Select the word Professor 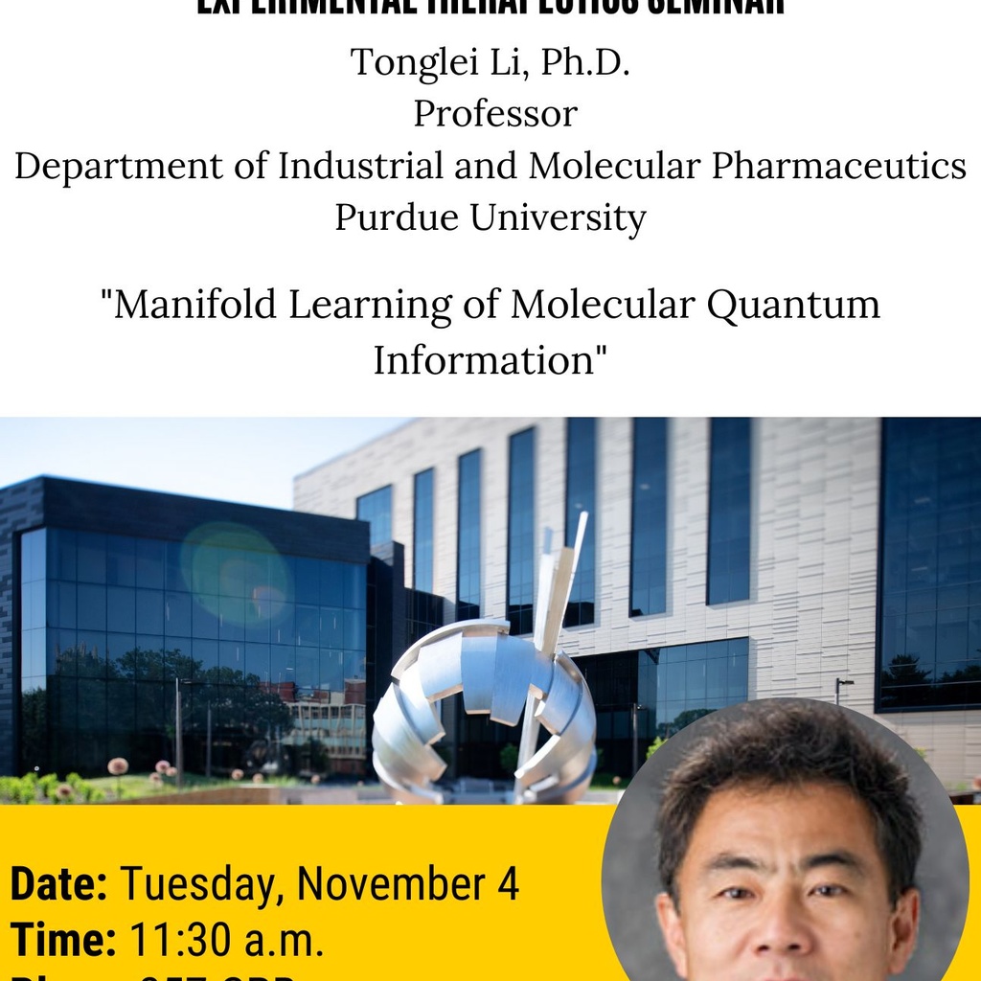pos(495,115)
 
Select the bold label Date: pos(58,884)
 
